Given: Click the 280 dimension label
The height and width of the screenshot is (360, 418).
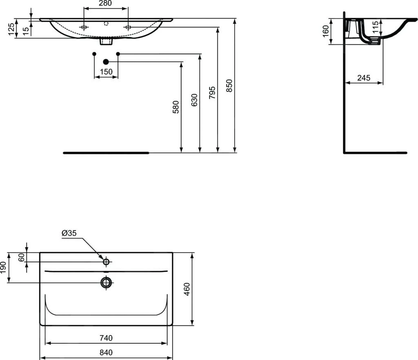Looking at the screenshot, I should pyautogui.click(x=105, y=4).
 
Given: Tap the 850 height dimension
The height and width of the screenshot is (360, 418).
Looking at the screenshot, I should pyautogui.click(x=229, y=85).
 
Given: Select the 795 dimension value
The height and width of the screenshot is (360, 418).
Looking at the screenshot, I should pyautogui.click(x=212, y=93).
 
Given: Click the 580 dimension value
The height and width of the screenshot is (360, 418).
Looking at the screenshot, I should pyautogui.click(x=176, y=107).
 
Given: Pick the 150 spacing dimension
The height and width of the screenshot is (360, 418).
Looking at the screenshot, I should pyautogui.click(x=106, y=72).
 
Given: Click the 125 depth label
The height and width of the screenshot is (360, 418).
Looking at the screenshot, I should pyautogui.click(x=12, y=28).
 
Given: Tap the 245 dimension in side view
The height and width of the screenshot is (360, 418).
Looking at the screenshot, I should pyautogui.click(x=364, y=78).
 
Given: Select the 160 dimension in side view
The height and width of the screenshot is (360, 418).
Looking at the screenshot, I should pyautogui.click(x=326, y=31).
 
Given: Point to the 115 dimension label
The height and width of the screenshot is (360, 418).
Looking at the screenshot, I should pyautogui.click(x=376, y=29).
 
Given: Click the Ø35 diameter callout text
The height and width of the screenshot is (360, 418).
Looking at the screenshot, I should pyautogui.click(x=69, y=233).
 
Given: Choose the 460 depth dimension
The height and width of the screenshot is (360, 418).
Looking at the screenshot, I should pyautogui.click(x=187, y=289).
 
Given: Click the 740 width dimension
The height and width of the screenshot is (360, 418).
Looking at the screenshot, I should pyautogui.click(x=106, y=338).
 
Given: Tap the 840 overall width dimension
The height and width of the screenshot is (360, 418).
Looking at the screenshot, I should pyautogui.click(x=106, y=352).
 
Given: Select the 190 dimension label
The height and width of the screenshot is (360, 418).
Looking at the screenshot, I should pyautogui.click(x=4, y=267).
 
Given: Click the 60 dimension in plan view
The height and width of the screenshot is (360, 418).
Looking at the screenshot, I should pyautogui.click(x=22, y=257).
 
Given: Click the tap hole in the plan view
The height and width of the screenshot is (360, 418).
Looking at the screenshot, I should pyautogui.click(x=106, y=262).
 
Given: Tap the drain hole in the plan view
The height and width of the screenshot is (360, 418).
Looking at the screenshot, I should pyautogui.click(x=106, y=282).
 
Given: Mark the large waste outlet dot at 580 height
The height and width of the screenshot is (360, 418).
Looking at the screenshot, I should pyautogui.click(x=106, y=62).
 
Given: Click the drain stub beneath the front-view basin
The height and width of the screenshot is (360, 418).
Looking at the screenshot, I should pyautogui.click(x=106, y=41).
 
